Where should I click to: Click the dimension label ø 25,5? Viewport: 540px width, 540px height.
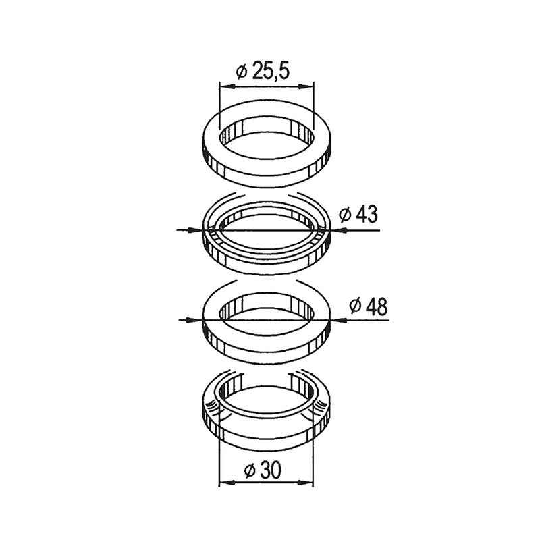(263, 71)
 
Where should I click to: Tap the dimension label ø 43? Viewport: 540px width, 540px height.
(358, 214)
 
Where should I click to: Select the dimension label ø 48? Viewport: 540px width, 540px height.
(369, 306)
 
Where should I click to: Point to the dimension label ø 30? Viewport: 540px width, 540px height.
(263, 470)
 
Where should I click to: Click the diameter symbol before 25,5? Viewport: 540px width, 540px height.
(242, 72)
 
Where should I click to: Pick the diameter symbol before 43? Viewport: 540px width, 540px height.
(345, 215)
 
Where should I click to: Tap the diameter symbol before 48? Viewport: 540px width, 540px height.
(355, 306)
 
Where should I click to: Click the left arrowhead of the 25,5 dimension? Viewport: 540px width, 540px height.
(227, 86)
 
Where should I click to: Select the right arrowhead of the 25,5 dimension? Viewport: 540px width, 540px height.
(306, 86)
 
